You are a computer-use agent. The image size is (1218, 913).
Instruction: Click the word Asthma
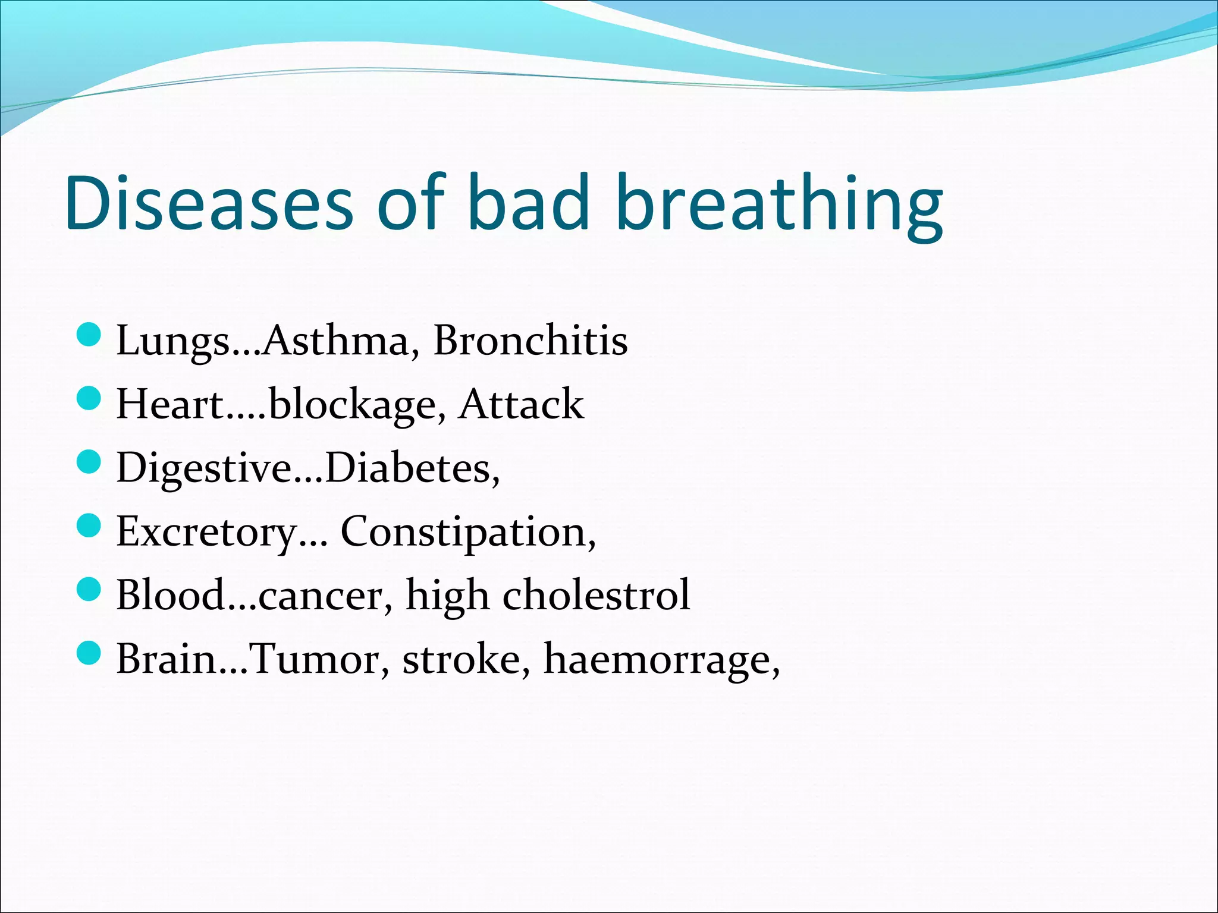pos(336,341)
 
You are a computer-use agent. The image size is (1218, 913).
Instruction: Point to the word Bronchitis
pos(530,341)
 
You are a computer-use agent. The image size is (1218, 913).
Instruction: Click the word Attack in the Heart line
pos(522,404)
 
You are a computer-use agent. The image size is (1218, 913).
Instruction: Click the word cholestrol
pos(596,595)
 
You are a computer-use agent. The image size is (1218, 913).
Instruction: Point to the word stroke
pos(461,659)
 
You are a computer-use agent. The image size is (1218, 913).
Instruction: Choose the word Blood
pos(169,595)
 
